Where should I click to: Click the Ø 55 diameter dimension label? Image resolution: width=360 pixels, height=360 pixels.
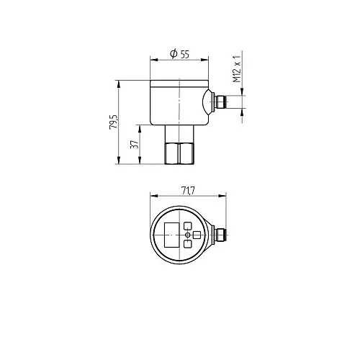[x=179, y=54]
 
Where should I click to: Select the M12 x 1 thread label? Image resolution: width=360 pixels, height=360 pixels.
[x=237, y=69]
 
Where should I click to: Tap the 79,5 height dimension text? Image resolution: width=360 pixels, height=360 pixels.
[x=114, y=122]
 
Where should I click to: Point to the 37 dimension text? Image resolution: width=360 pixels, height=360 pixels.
[x=135, y=144]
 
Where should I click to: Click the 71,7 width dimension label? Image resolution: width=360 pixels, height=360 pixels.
[x=188, y=191]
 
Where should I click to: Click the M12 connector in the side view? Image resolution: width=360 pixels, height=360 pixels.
[x=220, y=102]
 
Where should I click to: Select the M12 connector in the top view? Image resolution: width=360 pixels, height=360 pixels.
[x=220, y=235]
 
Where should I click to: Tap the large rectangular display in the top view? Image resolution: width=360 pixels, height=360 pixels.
[x=171, y=235]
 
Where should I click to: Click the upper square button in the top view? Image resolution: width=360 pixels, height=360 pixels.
[x=188, y=226]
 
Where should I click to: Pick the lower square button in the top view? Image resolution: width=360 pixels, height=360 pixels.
[x=188, y=244]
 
